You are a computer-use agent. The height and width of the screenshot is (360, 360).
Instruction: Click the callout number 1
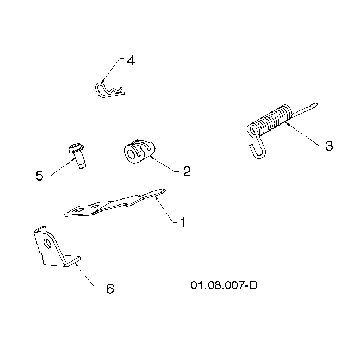(x=183, y=222)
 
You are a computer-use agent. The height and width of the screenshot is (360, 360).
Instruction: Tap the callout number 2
(x=187, y=171)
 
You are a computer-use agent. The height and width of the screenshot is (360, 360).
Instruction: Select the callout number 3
(x=329, y=146)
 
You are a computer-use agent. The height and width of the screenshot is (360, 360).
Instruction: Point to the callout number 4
(x=131, y=61)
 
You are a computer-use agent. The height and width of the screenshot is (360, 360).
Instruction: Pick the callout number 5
(x=40, y=176)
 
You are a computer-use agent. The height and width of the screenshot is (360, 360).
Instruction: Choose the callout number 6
(x=110, y=289)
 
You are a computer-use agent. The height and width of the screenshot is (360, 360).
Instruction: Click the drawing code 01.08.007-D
(x=224, y=285)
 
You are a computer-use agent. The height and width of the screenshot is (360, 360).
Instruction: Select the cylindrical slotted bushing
(x=139, y=152)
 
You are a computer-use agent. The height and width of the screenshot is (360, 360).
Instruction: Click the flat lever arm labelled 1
(x=115, y=202)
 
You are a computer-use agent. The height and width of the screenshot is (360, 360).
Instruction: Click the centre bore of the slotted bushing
(x=131, y=155)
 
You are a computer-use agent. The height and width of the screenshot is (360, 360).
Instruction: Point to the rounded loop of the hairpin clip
(x=98, y=89)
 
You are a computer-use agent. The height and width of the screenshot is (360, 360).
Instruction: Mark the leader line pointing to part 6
(x=87, y=276)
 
